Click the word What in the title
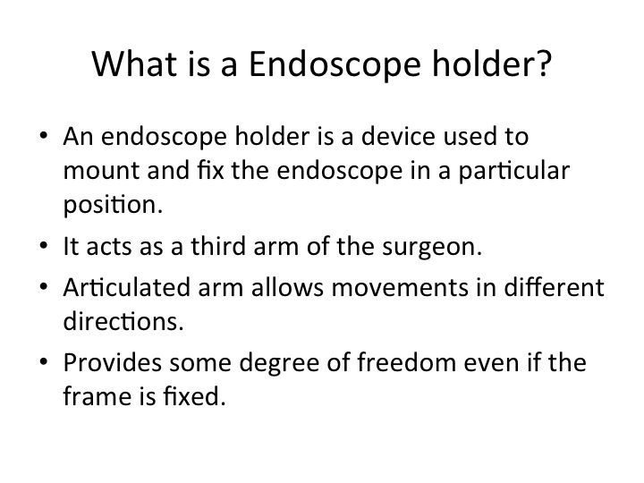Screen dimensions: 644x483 (x=134, y=64)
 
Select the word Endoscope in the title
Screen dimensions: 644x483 (x=335, y=66)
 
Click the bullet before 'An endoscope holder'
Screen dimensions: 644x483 (x=44, y=135)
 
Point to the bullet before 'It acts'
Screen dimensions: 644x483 (x=44, y=245)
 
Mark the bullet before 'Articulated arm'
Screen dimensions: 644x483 (x=44, y=286)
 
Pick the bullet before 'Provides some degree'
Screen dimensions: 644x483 (x=44, y=361)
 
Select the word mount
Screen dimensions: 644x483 (x=102, y=171)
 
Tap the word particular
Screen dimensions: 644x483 (x=513, y=172)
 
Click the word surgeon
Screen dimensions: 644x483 (x=432, y=248)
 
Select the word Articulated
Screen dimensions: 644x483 (x=127, y=287)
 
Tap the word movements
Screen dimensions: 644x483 (x=400, y=288)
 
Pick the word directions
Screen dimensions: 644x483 (x=123, y=321)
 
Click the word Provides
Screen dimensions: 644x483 (x=113, y=362)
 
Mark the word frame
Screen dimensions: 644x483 (x=96, y=396)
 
